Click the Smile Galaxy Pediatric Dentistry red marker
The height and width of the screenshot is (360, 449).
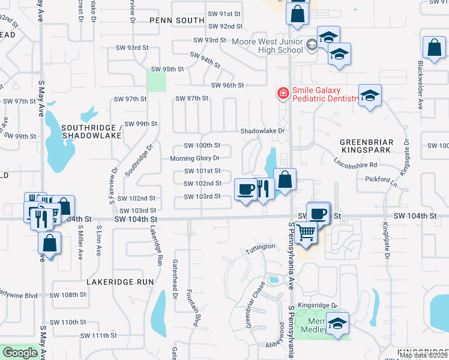tap(282, 93)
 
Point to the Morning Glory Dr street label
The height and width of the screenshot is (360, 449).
tap(194, 158)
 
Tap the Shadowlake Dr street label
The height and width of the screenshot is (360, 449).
tap(261, 131)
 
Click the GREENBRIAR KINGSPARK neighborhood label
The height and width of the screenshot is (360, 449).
tap(366, 147)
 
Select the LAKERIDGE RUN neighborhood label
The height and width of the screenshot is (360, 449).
tap(120, 281)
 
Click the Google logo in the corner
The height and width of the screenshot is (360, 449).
tap(20, 353)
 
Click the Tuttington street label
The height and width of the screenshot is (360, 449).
tap(259, 247)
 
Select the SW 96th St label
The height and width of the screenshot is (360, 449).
tap(227, 85)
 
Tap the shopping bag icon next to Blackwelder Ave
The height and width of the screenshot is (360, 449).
tap(433, 47)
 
